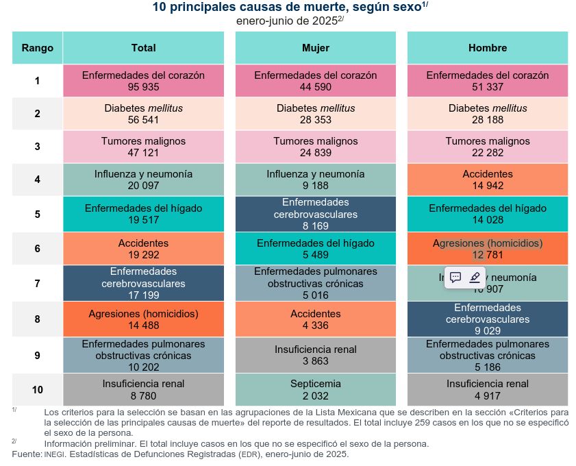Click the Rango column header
pos(37,48)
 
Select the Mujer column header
pos(316,48)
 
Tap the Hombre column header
pos(488,48)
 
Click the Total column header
pos(143,48)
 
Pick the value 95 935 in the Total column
pos(143,87)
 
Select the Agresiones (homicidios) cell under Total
pos(143,319)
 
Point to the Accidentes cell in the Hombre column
pos(488,180)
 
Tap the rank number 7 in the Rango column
pos(37,283)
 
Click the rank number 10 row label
pos(37,389)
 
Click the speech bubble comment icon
pos(455,278)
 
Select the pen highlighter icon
pos(475,278)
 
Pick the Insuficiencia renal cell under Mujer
pos(316,354)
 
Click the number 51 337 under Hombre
pos(488,87)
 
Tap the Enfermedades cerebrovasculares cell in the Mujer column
pos(316,214)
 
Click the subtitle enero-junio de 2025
pos(288,21)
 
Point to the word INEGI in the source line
pos(54,454)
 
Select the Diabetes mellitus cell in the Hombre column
pos(488,114)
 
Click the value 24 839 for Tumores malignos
pos(316,153)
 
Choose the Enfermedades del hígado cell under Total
pos(143,214)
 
